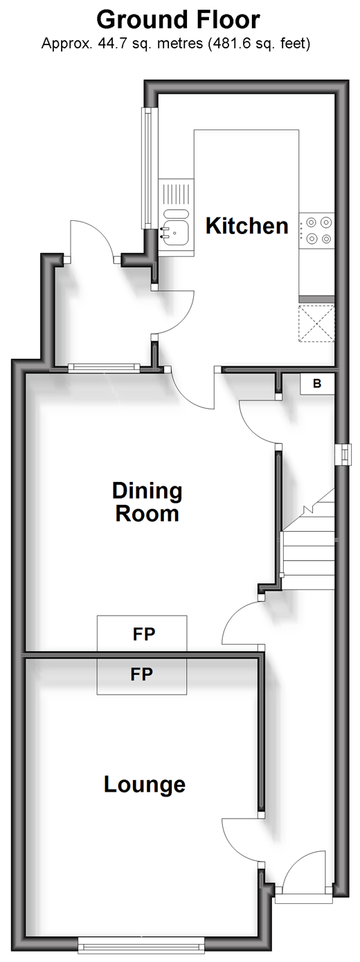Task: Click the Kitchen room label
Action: click(x=246, y=226)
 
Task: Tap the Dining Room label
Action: click(x=147, y=502)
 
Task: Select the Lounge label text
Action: click(x=145, y=785)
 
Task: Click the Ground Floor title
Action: click(x=178, y=19)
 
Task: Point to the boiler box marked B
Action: click(x=317, y=384)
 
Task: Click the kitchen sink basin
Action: click(x=175, y=232)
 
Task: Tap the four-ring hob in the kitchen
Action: click(x=317, y=230)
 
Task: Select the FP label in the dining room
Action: click(x=144, y=634)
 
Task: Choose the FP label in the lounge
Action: click(x=142, y=675)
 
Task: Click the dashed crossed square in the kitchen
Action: click(x=316, y=323)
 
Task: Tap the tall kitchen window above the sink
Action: click(x=147, y=168)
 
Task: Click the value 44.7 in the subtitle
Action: click(x=111, y=44)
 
